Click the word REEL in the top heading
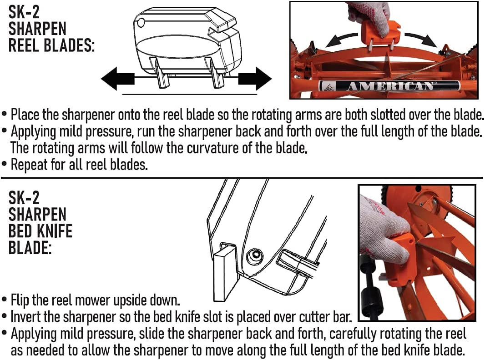coord(25,45)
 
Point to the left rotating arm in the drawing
coord(161,73)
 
